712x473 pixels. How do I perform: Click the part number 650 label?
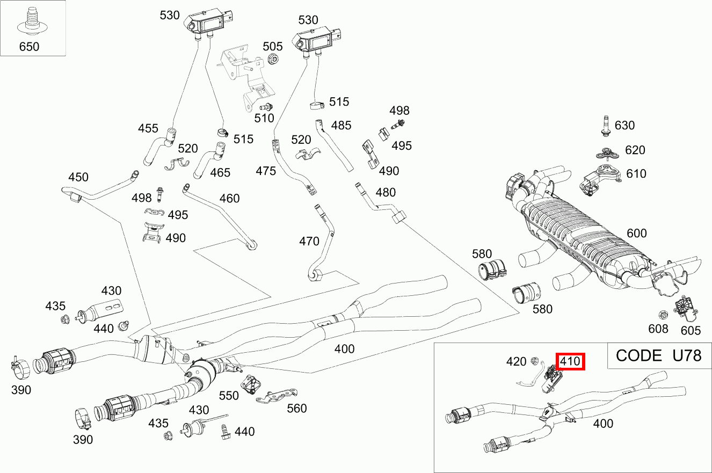[29, 46]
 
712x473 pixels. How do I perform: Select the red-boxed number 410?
[570, 361]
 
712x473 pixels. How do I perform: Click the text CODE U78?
[658, 355]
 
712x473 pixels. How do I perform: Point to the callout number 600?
[637, 233]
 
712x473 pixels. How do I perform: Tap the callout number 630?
[624, 125]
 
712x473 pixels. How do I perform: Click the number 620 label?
[635, 150]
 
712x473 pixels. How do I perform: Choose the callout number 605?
[691, 329]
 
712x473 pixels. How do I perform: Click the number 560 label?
[296, 408]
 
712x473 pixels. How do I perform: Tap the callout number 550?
[229, 395]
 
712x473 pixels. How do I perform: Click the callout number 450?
[78, 177]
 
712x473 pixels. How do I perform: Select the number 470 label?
[309, 241]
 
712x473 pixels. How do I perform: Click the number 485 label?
[341, 125]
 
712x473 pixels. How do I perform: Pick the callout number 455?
[148, 128]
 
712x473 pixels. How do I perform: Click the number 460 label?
[229, 198]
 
